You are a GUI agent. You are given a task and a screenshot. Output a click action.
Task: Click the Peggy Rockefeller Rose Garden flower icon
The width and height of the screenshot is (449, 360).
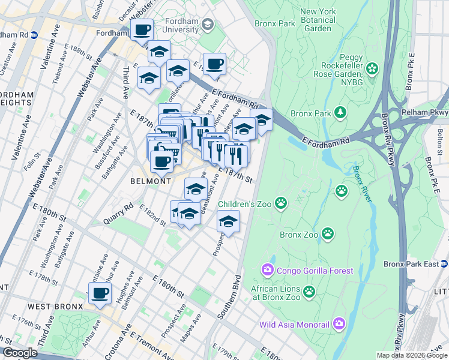[372, 69]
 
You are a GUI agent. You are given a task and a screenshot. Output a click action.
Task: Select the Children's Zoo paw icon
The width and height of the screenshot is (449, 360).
[280, 203]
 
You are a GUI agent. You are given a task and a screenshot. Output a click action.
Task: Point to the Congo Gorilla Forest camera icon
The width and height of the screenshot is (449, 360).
[268, 271]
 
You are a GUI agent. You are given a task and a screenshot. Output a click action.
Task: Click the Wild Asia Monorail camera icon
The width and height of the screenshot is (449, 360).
[339, 324]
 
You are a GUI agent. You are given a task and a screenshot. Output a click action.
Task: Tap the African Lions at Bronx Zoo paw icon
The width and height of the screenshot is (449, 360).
[309, 292]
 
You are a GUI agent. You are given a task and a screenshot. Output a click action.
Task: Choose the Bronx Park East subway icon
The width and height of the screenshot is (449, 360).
[444, 263]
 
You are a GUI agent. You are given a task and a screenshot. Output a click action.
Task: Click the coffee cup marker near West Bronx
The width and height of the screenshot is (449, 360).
[100, 293]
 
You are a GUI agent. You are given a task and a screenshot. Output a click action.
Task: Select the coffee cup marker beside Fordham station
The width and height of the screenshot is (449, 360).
[142, 30]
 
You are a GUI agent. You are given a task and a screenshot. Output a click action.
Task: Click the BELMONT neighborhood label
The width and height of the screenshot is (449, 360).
[151, 181]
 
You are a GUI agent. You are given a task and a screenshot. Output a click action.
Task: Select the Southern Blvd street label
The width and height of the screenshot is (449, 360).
[230, 296]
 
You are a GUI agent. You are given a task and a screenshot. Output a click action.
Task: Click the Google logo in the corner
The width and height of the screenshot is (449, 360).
[20, 353]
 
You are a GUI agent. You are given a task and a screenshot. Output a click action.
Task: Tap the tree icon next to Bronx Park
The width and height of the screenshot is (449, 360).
[341, 112]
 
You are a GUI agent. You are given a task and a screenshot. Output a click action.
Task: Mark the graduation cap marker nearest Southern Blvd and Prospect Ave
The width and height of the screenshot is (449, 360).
[228, 221]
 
